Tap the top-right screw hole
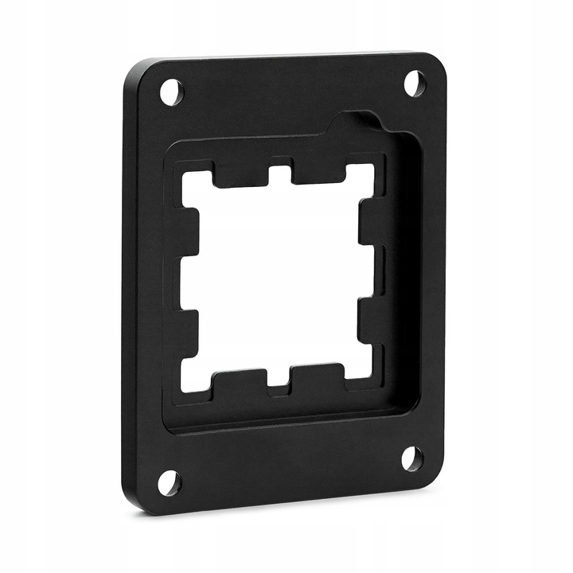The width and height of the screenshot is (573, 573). point(414,83)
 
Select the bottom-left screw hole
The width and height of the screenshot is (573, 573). point(169,481)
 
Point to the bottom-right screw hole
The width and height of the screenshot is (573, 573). point(411,458)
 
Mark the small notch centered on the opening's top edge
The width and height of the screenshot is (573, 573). point(279,175)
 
